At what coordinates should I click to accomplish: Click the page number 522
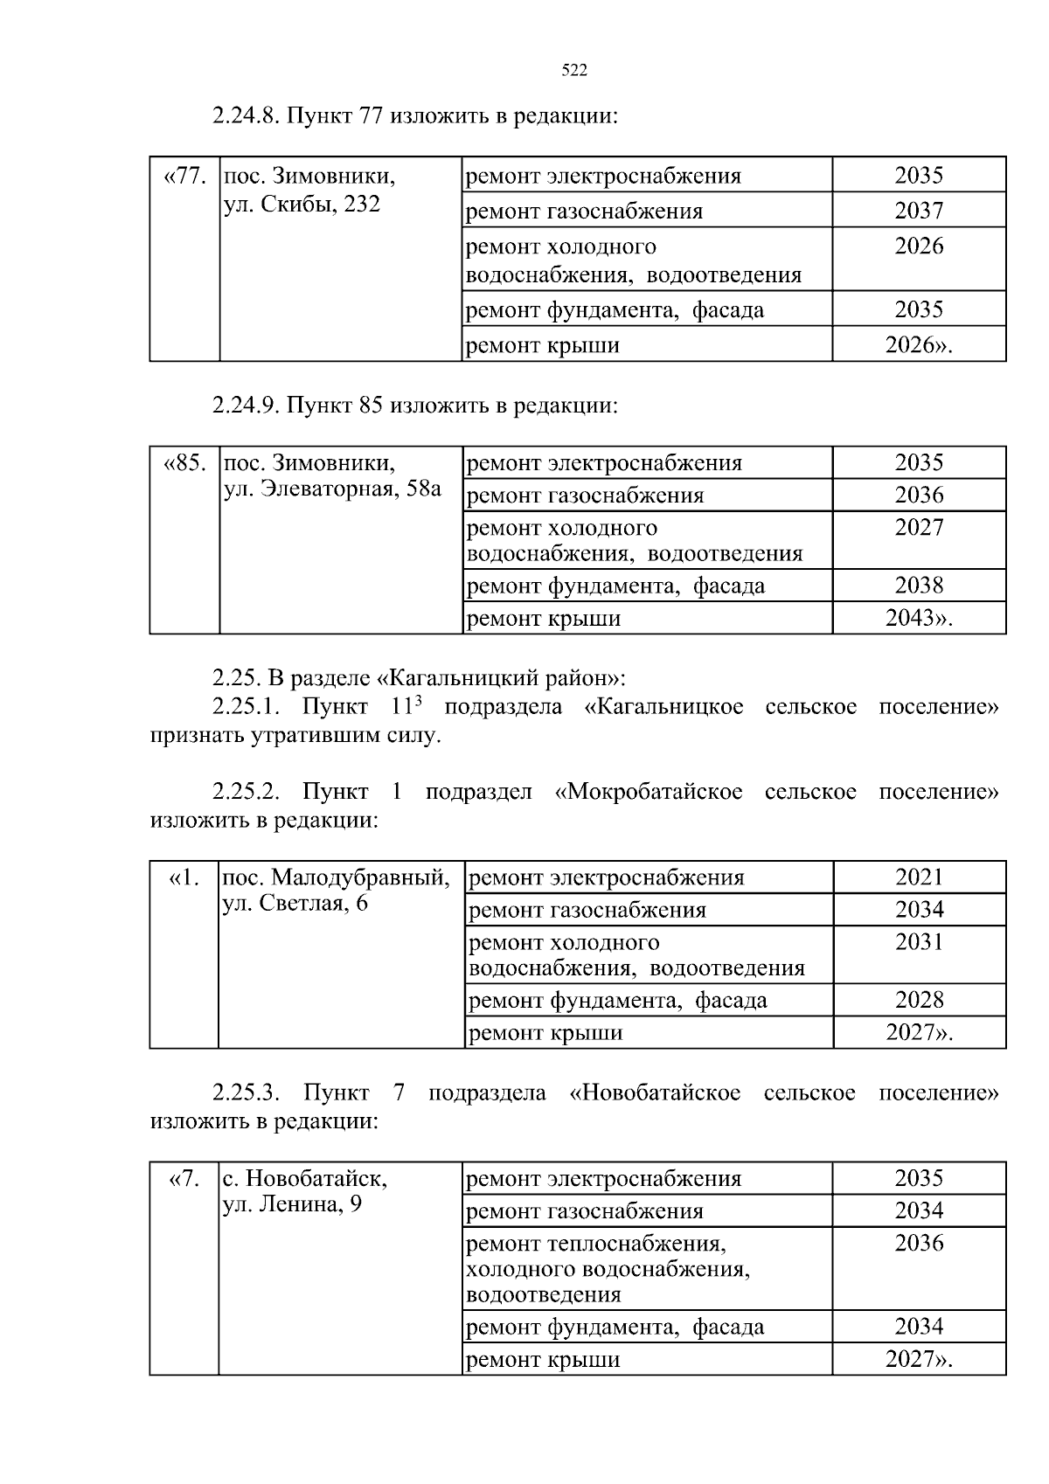(573, 72)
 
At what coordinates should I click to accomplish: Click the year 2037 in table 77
(919, 211)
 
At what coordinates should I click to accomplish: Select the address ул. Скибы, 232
(302, 206)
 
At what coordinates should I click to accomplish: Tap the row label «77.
(184, 176)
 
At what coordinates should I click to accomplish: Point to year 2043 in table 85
(918, 619)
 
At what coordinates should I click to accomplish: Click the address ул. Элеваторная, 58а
(333, 489)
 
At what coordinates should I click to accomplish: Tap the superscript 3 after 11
(418, 699)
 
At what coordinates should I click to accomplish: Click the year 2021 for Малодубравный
(920, 877)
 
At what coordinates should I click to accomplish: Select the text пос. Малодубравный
(337, 877)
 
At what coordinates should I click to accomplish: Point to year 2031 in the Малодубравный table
(920, 942)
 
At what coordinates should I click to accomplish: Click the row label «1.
(184, 877)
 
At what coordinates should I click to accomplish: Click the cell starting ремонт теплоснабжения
(596, 1244)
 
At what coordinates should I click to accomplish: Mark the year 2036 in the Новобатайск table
(919, 1243)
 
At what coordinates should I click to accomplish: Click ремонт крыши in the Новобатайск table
(543, 1360)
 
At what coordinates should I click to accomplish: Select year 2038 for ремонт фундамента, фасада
(919, 586)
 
